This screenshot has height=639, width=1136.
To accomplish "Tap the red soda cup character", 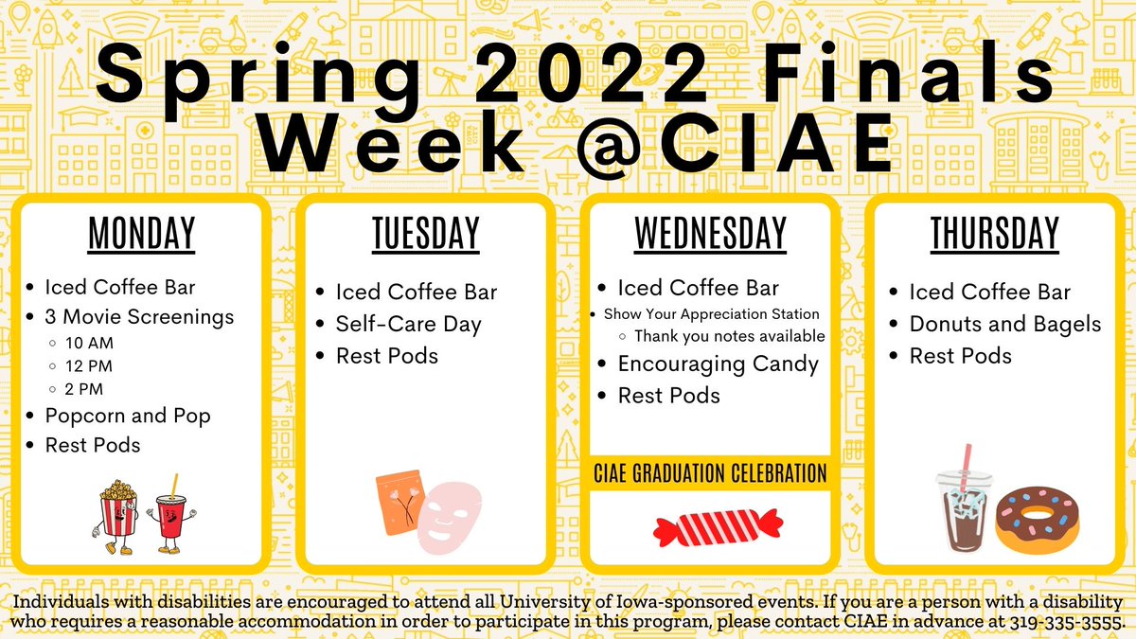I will pyautogui.click(x=169, y=515).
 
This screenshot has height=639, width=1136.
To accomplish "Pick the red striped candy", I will pyautogui.click(x=717, y=526).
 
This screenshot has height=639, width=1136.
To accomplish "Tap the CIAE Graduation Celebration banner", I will pyautogui.click(x=709, y=471).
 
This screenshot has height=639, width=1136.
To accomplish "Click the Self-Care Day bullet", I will pyautogui.click(x=409, y=324).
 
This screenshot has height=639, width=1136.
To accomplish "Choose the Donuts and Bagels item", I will pyautogui.click(x=1005, y=324).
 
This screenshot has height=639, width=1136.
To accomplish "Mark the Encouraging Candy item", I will pyautogui.click(x=718, y=364).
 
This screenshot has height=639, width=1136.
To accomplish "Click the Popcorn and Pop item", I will pyautogui.click(x=128, y=416).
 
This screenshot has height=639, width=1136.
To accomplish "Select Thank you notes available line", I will pyautogui.click(x=729, y=336).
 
